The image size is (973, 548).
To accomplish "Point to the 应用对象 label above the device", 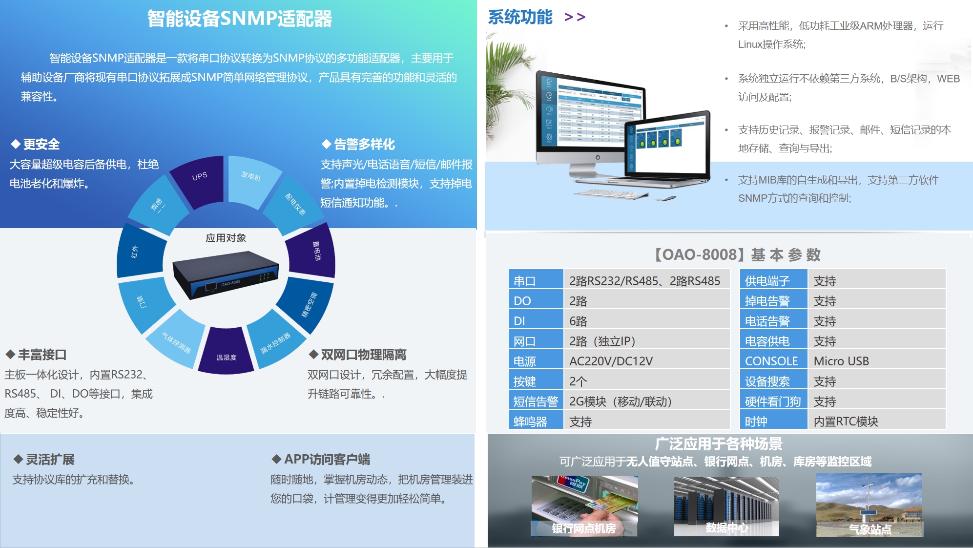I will [226, 238].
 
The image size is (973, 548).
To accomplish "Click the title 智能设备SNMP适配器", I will [239, 19].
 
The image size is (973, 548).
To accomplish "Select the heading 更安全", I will [41, 144].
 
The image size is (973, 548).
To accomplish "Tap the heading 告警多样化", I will [364, 144].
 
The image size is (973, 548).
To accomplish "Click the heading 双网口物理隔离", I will [363, 355].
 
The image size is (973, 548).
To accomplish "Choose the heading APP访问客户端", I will [327, 459].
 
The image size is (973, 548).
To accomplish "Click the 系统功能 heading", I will [520, 17].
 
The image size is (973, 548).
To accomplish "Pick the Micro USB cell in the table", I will [841, 361].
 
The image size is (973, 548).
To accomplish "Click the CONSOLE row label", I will [771, 361].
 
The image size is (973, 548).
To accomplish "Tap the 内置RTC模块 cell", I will [846, 422].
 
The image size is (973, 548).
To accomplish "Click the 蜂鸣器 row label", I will [530, 422].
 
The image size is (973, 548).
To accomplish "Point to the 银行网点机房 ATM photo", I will [584, 506].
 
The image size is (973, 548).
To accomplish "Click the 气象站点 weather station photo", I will [869, 506].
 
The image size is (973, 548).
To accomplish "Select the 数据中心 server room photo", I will [726, 506].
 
